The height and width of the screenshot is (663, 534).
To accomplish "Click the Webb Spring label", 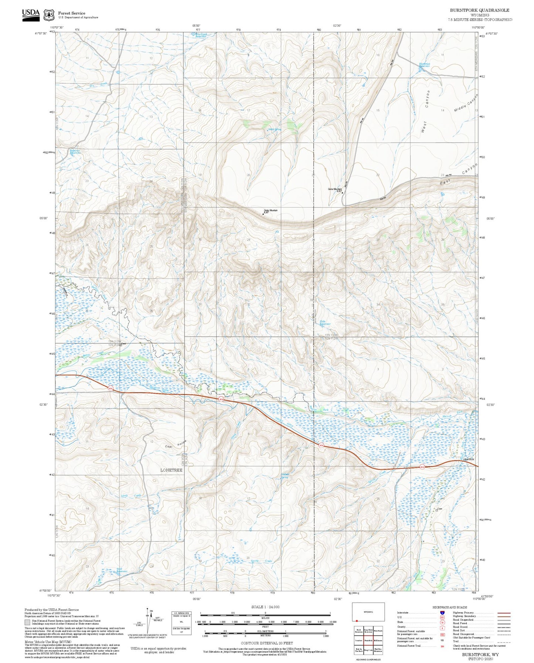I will coord(275,129).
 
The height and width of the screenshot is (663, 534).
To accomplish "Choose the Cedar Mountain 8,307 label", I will coord(270,211).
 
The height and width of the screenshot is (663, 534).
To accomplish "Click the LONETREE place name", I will coord(171,470).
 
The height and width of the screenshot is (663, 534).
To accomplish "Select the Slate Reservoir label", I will coord(325,323).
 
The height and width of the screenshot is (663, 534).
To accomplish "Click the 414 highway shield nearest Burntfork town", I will coord(422,467).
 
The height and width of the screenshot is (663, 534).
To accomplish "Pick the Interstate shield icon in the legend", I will coord(442,613).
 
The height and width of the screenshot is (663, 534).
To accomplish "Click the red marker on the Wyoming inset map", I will coord(357,620).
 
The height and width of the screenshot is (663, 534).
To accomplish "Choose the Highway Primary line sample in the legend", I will coord(504,613).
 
